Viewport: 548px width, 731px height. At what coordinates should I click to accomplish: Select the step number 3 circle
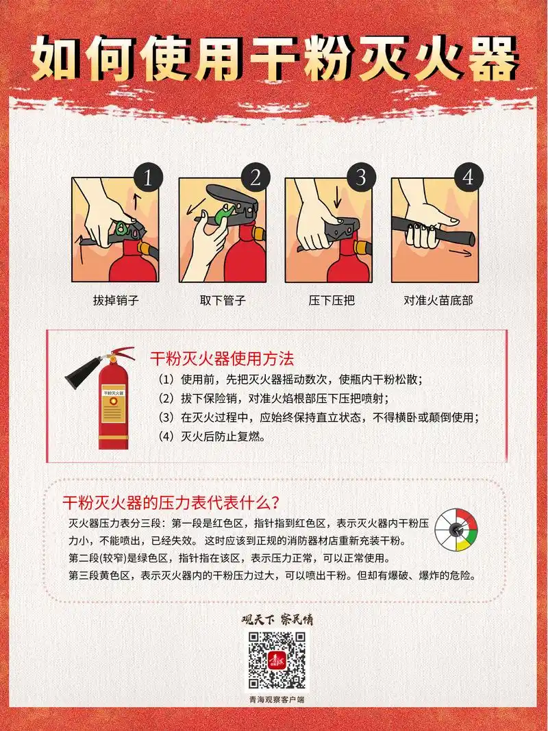pyautogui.click(x=361, y=177)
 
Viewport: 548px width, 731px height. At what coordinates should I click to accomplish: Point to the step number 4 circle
pyautogui.click(x=468, y=177)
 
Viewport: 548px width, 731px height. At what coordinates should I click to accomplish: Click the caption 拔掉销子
pyautogui.click(x=116, y=300)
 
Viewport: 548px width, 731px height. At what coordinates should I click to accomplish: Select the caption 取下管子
pyautogui.click(x=223, y=300)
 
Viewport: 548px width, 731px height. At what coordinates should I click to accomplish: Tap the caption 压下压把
pyautogui.click(x=331, y=300)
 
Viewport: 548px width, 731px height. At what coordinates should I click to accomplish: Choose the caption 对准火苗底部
pyautogui.click(x=438, y=300)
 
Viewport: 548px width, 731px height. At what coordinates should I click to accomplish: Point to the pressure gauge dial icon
pyautogui.click(x=456, y=530)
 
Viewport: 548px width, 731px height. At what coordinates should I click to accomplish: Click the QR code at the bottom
pyautogui.click(x=277, y=660)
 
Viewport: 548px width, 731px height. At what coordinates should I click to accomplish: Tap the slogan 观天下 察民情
pyautogui.click(x=277, y=620)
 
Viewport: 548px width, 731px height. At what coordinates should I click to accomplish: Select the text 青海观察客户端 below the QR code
pyautogui.click(x=277, y=699)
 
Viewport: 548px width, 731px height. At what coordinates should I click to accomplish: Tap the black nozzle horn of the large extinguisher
pyautogui.click(x=82, y=373)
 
